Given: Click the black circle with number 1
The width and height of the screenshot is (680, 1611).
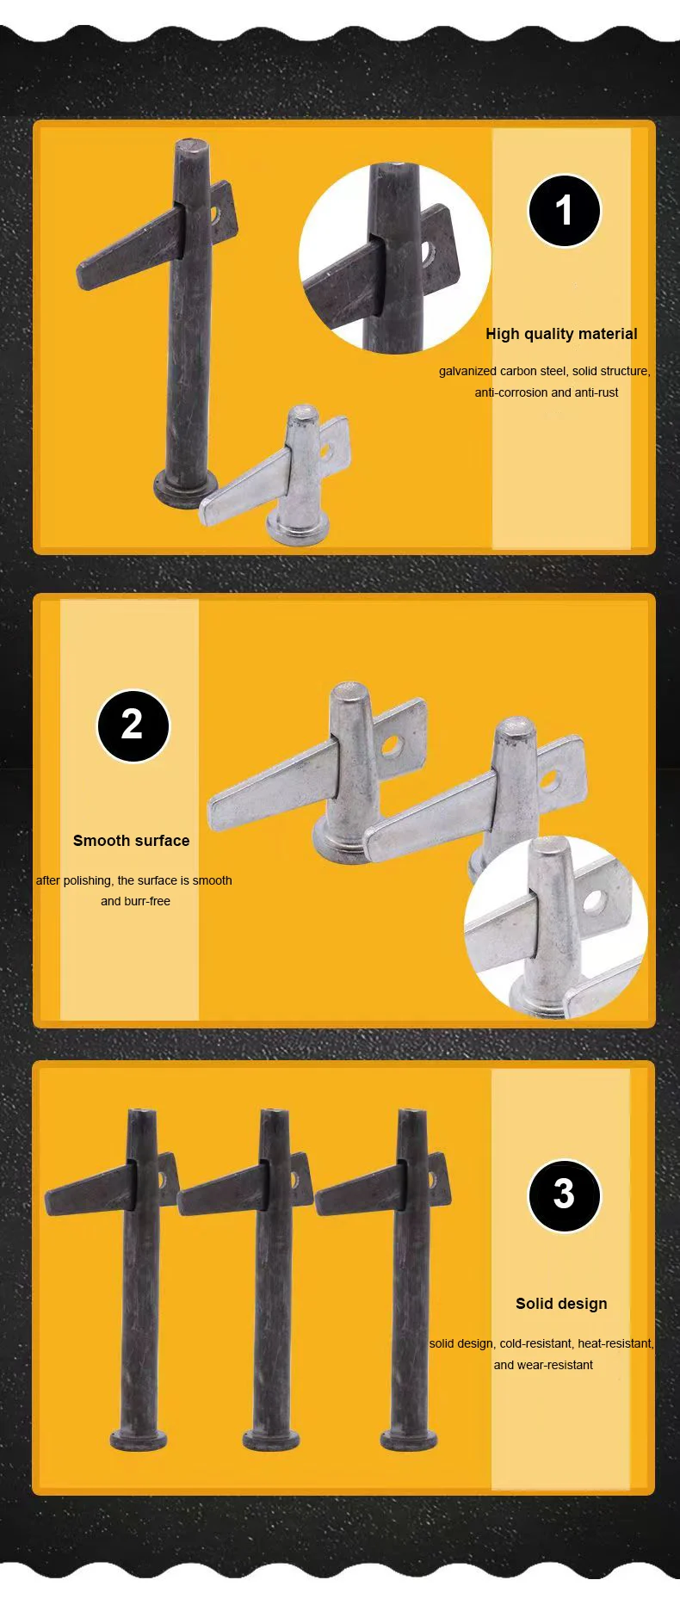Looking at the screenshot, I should (564, 211).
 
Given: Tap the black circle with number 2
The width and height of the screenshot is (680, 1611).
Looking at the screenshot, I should (133, 725).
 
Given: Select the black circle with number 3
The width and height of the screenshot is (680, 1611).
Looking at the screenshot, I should (564, 1194).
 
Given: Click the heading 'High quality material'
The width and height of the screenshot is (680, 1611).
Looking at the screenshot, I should (561, 334).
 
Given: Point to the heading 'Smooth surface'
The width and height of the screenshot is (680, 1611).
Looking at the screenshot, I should (131, 841).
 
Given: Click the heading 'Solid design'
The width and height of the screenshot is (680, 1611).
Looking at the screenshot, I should (561, 1303).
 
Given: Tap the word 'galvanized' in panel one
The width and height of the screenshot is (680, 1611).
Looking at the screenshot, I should (467, 371).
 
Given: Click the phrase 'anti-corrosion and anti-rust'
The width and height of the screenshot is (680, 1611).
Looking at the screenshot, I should (547, 392).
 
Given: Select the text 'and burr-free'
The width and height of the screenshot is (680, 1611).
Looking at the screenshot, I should (135, 901).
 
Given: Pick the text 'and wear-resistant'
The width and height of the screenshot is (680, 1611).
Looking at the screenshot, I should (543, 1364).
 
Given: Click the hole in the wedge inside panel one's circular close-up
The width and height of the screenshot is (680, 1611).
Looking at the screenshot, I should (428, 252).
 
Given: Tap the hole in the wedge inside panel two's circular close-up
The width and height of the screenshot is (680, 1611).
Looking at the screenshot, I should (593, 901).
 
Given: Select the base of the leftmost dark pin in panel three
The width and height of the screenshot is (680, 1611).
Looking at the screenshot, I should (138, 1439).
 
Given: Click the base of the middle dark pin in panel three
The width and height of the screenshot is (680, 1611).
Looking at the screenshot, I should (271, 1439).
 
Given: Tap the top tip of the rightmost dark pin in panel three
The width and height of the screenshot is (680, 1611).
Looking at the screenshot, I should (411, 1114).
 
